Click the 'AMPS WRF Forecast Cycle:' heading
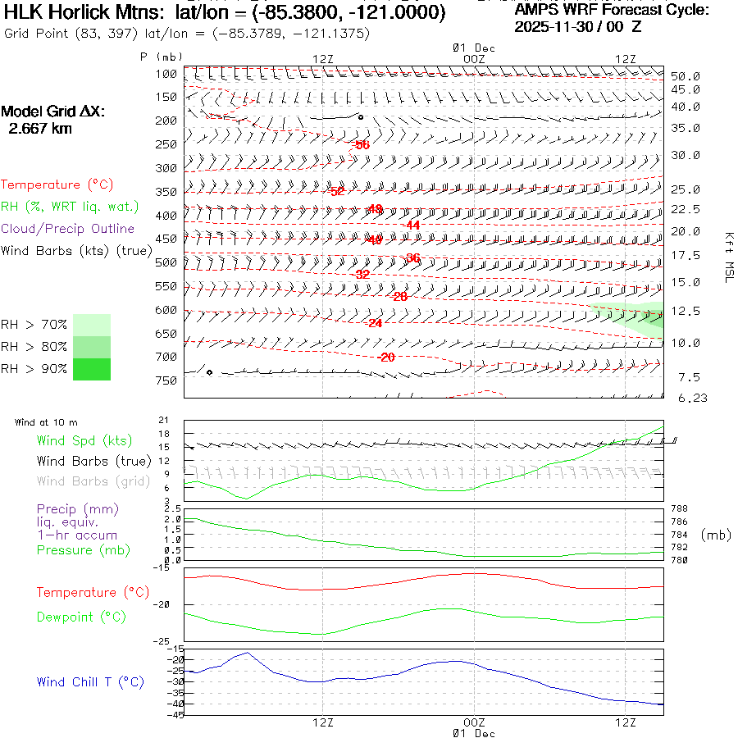click(x=612, y=11)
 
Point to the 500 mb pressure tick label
click(x=167, y=263)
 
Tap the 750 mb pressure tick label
click(x=167, y=381)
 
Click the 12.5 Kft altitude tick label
click(x=685, y=312)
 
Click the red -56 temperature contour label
click(x=362, y=145)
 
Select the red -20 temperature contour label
click(x=386, y=358)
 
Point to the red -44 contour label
click(x=412, y=225)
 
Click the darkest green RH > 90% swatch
click(x=91, y=370)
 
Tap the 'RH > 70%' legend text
click(x=34, y=324)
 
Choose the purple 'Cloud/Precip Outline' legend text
click(x=67, y=229)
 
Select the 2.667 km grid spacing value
click(x=39, y=129)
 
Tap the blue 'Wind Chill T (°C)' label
click(x=90, y=682)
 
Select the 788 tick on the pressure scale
click(x=679, y=509)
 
